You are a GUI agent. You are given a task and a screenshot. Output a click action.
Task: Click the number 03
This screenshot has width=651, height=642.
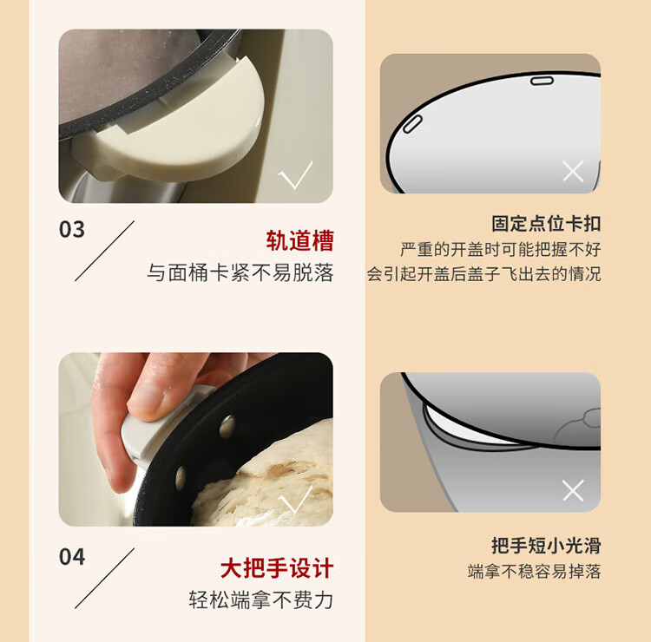pos(72,230)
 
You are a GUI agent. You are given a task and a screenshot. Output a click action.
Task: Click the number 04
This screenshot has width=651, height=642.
pos(72,557)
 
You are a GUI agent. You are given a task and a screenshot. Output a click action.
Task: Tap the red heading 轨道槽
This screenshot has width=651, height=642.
pos(299,240)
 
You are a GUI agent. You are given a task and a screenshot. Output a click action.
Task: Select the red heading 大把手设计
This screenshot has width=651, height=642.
pos(277,567)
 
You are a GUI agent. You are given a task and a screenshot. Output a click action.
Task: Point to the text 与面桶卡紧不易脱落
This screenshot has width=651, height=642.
pos(240,272)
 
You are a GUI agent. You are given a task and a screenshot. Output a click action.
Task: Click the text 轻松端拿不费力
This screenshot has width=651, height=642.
pos(261,600)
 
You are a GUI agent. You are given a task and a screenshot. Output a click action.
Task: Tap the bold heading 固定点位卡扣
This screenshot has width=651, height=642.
pos(546,223)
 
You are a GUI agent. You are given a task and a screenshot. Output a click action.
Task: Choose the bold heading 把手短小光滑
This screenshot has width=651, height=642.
pos(546,545)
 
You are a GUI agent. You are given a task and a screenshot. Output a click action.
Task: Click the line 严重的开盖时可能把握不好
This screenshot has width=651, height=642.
pos(501,249)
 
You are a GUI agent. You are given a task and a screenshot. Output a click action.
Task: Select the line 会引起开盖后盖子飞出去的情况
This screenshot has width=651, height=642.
pos(483,274)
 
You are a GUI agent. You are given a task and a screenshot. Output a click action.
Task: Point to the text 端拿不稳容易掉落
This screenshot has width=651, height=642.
pos(535,571)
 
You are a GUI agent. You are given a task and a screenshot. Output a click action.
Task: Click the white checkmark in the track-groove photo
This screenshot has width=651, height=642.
pos(295,175)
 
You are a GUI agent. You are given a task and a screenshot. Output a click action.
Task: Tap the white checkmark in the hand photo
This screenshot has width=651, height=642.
pos(297,499)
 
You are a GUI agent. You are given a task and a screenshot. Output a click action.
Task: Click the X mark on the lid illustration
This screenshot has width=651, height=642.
pos(573,171)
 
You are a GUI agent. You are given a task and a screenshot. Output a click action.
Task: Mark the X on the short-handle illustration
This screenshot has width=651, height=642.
pos(573,490)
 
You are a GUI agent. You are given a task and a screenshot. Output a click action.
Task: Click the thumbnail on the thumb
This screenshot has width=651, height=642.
pos(147,397)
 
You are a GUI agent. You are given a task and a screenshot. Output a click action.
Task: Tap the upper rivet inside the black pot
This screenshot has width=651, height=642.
pos(227,427)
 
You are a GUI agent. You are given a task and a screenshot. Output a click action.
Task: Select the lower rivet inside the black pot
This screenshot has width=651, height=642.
pos(181,478)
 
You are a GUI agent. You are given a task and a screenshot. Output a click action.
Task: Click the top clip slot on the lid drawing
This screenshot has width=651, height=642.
pos(542,81)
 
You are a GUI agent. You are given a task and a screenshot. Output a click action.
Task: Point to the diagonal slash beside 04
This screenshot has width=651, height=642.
pos(105,578)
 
